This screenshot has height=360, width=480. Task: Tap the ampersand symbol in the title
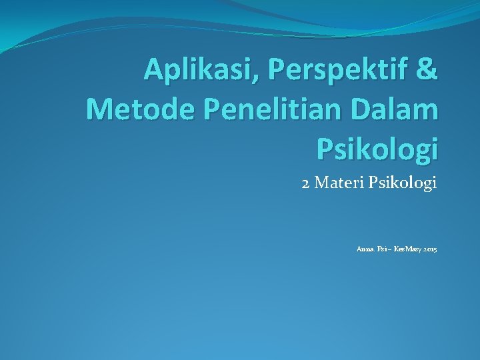(427, 69)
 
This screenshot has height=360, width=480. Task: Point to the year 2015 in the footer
(427, 249)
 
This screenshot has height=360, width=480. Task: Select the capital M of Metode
(100, 109)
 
